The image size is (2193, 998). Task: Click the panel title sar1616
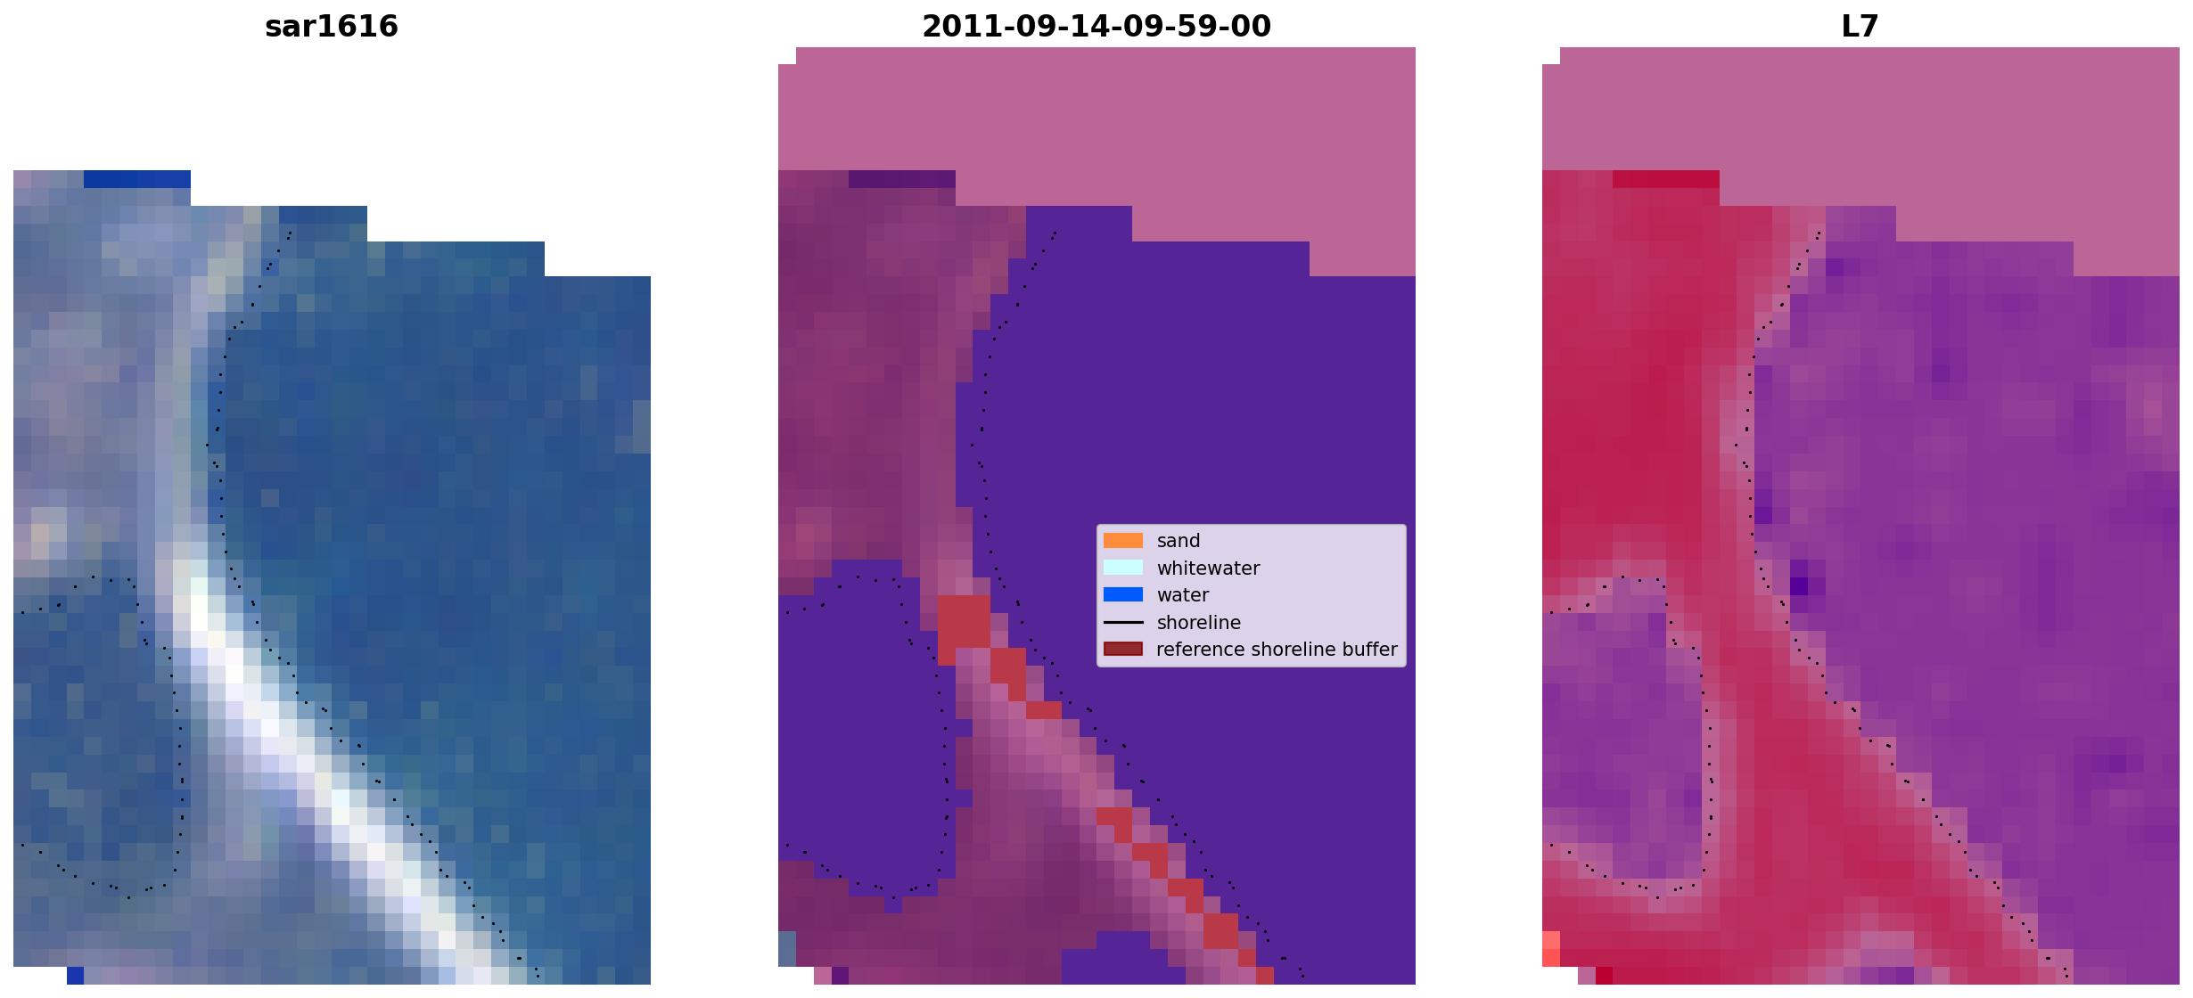332,26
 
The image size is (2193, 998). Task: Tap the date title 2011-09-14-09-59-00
1096,26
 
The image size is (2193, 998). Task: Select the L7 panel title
1860,26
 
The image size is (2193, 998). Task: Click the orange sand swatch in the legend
1123,541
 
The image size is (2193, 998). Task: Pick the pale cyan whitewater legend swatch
1123,568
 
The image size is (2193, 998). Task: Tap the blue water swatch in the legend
1123,595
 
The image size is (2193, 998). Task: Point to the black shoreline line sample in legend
1123,622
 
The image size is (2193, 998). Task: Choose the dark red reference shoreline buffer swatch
1123,650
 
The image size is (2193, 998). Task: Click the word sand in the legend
1179,541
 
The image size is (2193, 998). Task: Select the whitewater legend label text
1208,569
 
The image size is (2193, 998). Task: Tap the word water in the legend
1183,595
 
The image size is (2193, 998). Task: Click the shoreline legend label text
1199,623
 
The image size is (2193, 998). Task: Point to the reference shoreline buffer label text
1277,650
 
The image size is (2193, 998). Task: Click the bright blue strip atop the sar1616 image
137,179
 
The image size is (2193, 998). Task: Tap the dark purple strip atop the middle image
902,179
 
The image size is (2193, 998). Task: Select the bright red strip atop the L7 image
1666,179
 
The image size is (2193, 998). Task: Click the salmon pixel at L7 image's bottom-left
1551,949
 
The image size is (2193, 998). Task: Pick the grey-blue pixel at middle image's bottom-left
787,949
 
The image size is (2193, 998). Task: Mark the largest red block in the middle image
964,622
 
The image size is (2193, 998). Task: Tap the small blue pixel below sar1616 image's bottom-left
76,976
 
